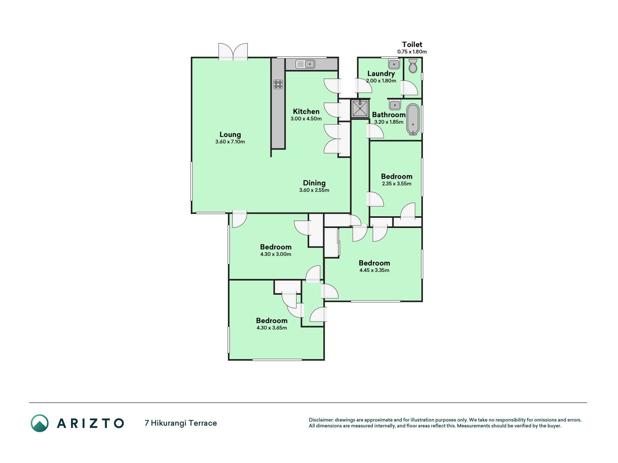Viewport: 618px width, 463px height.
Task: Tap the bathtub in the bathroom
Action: point(413,119)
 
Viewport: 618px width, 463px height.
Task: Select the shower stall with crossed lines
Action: point(360,109)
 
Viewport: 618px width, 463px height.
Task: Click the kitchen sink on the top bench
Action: point(306,64)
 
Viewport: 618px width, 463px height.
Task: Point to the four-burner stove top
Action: point(278,84)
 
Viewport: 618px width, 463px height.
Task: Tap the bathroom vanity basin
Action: point(395,105)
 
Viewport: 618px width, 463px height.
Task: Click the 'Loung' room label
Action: point(230,135)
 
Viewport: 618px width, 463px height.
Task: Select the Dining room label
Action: point(314,183)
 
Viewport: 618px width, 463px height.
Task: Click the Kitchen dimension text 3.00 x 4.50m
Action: point(306,119)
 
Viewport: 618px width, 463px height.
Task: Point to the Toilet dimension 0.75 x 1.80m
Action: point(412,52)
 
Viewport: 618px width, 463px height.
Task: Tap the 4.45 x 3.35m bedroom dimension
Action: point(374,270)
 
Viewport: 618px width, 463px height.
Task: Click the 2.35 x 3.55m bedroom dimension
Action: point(397,184)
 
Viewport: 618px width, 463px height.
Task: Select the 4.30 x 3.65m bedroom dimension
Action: point(272,328)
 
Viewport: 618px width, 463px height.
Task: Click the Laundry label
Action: point(381,74)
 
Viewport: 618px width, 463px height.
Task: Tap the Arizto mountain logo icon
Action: point(39,423)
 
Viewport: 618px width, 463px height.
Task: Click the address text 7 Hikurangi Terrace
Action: point(181,423)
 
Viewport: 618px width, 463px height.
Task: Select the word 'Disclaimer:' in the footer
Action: point(321,420)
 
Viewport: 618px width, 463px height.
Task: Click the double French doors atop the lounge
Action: point(233,51)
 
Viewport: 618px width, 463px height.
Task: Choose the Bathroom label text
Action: point(389,115)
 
